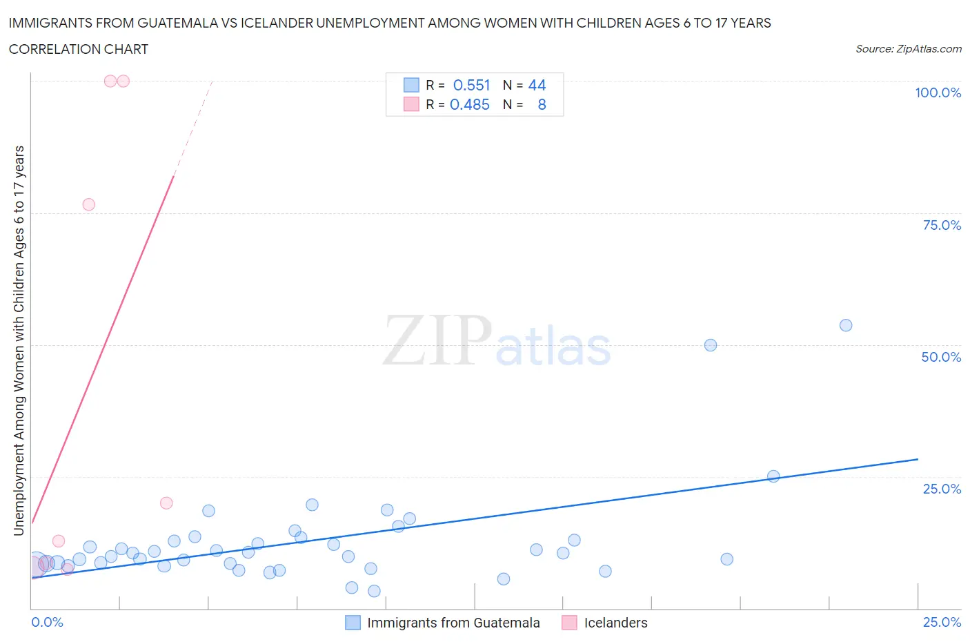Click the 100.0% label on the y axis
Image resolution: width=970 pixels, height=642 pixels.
pyautogui.click(x=938, y=93)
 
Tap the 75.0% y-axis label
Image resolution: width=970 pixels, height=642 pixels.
pyautogui.click(x=942, y=225)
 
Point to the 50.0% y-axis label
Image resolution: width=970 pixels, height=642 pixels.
pyautogui.click(x=941, y=357)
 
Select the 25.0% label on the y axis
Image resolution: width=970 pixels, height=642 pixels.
pyautogui.click(x=942, y=489)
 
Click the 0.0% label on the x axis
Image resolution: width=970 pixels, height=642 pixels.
pyautogui.click(x=47, y=622)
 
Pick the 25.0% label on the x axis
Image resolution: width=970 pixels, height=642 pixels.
pyautogui.click(x=942, y=622)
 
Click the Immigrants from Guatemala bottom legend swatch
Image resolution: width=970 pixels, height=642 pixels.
pyautogui.click(x=353, y=623)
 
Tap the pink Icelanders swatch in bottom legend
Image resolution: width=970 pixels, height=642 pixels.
pyautogui.click(x=569, y=623)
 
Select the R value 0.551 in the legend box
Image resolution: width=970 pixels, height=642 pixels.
pyautogui.click(x=471, y=85)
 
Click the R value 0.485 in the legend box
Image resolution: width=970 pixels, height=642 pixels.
pyautogui.click(x=469, y=104)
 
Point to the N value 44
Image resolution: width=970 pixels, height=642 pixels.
pyautogui.click(x=537, y=85)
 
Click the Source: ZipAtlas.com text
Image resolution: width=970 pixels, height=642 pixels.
pyautogui.click(x=908, y=49)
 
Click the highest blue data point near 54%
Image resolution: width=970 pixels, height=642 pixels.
pyautogui.click(x=846, y=325)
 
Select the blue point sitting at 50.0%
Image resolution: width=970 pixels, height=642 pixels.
pyautogui.click(x=711, y=345)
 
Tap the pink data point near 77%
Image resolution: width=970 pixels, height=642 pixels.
pyautogui.click(x=88, y=204)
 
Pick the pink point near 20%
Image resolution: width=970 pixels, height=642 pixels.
pyautogui.click(x=166, y=503)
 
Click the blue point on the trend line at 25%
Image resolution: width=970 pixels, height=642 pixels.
pyautogui.click(x=773, y=476)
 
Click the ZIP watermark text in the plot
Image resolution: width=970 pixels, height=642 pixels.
pyautogui.click(x=437, y=340)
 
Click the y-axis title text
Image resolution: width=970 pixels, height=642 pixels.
pyautogui.click(x=19, y=340)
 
